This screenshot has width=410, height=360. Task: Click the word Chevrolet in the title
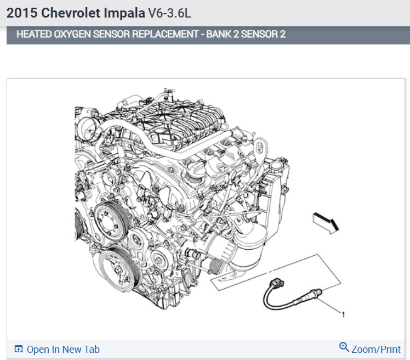tap(71, 13)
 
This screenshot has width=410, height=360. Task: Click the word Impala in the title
tap(124, 13)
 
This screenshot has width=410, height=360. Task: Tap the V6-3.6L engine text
tap(170, 13)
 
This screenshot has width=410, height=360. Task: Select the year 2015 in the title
tap(22, 13)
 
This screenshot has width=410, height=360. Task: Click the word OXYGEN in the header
tap(72, 34)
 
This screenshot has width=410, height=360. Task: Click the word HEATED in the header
tap(34, 34)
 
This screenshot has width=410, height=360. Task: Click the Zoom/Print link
tap(376, 349)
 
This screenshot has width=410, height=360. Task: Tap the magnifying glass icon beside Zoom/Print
tap(344, 347)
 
